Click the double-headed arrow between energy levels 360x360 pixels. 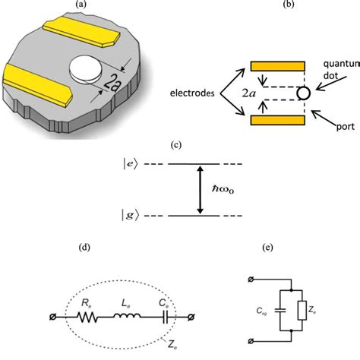pos(200,190)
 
